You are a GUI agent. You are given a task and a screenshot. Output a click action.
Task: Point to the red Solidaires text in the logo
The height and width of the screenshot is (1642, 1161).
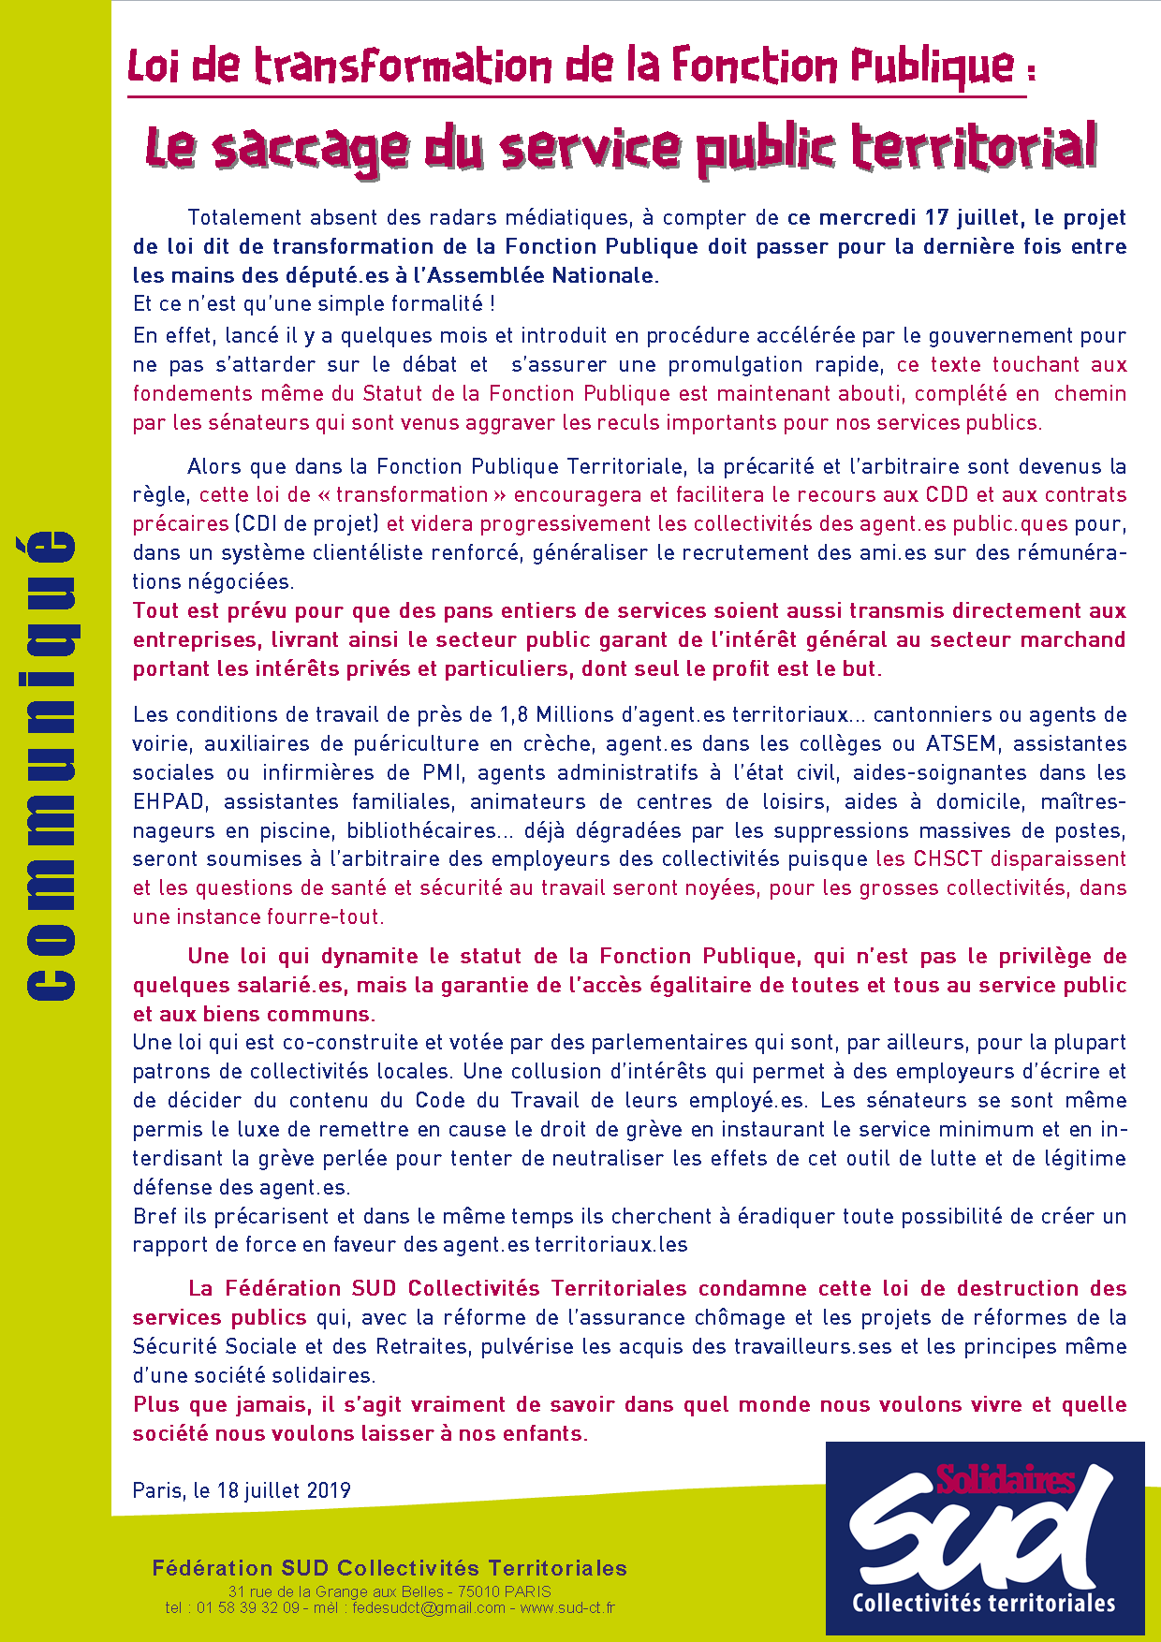pyautogui.click(x=1006, y=1479)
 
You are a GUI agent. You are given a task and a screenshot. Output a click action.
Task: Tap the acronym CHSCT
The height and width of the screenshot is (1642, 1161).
pyautogui.click(x=948, y=859)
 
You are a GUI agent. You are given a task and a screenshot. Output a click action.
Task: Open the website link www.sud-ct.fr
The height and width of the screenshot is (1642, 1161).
pyautogui.click(x=567, y=1608)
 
